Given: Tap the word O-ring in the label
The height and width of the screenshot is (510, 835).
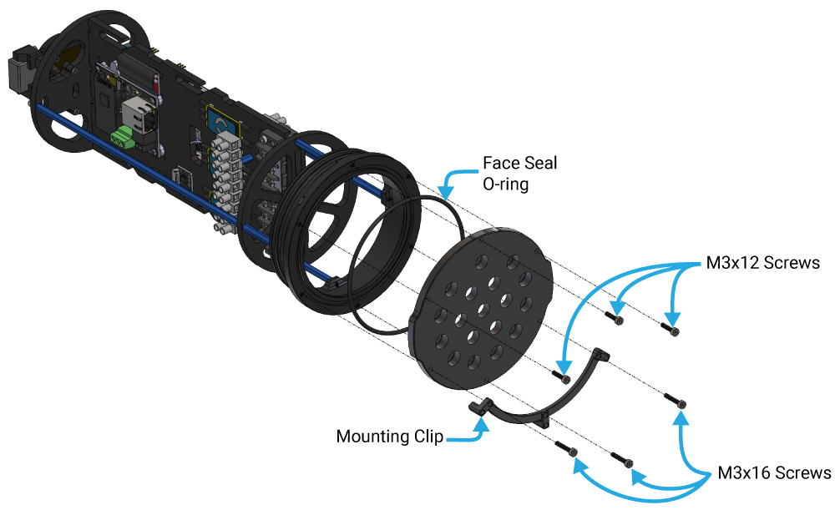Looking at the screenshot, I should click(x=506, y=184).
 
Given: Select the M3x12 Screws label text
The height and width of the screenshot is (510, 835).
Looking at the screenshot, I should click(x=759, y=263).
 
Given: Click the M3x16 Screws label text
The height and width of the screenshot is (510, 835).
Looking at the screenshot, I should click(x=774, y=473).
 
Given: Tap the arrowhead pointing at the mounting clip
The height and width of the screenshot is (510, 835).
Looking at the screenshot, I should click(x=482, y=419).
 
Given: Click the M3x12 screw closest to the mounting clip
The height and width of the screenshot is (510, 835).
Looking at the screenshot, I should click(x=562, y=377).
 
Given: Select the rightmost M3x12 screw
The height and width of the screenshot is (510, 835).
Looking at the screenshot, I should click(x=672, y=330).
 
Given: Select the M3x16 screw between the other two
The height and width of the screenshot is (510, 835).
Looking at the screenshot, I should click(x=622, y=458).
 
